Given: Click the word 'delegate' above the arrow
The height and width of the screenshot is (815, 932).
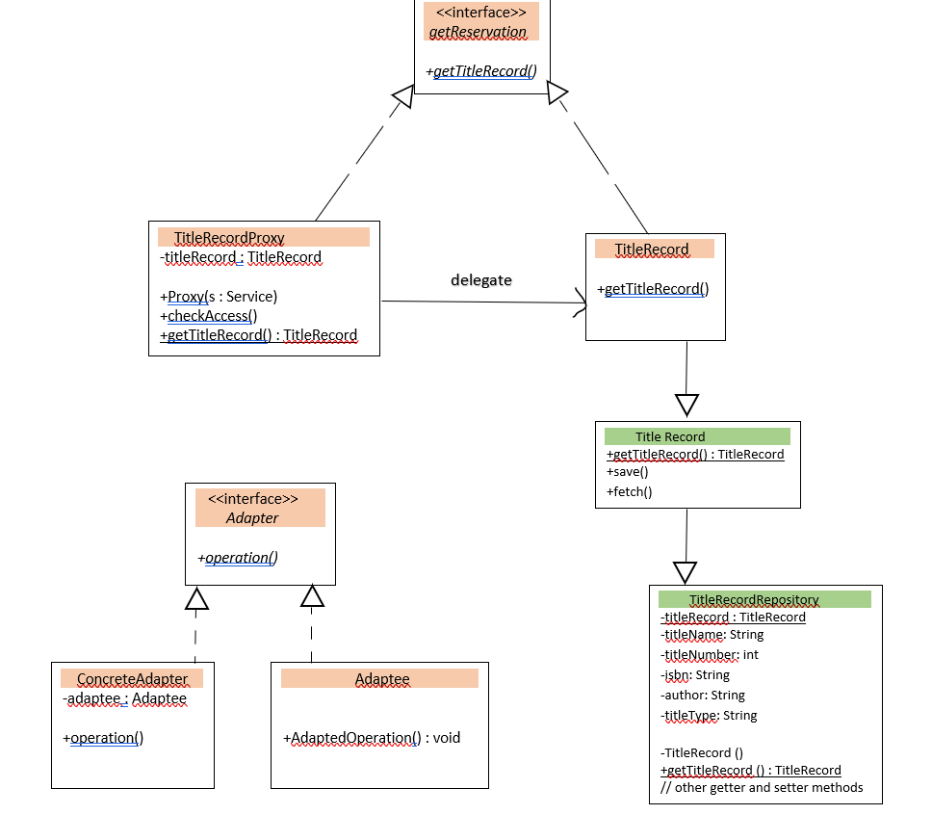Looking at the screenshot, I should click(x=480, y=280).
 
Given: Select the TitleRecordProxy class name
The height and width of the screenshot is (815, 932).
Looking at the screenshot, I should click(x=229, y=237).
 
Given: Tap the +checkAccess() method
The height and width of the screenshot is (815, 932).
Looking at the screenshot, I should click(x=209, y=316).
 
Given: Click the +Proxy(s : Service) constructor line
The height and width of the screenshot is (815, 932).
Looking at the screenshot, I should click(x=219, y=297).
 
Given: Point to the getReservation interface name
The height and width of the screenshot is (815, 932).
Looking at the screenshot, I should click(x=478, y=32).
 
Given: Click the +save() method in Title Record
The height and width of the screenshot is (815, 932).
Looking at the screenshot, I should click(x=628, y=472).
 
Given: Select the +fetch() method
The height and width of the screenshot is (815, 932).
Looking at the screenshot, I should click(x=630, y=491).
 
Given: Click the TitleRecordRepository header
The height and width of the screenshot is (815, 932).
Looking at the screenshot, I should click(x=754, y=599).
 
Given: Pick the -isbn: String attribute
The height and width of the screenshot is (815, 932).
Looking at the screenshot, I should click(x=695, y=675).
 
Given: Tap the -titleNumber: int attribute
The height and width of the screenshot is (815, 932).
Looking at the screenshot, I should click(x=710, y=655).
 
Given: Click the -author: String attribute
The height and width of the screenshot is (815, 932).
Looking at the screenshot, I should click(x=703, y=696).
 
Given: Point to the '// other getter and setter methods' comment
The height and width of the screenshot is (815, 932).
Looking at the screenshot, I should click(x=762, y=788).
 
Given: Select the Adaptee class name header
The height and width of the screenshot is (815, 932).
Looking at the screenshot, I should click(x=382, y=679).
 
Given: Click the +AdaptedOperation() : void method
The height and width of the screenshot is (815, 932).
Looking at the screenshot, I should click(x=372, y=739).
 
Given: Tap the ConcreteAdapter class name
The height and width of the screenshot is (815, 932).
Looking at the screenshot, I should click(x=133, y=679).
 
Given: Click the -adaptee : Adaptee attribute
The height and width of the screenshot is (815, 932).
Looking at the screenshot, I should click(x=125, y=698).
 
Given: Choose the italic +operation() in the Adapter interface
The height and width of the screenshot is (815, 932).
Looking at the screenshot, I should click(x=238, y=557).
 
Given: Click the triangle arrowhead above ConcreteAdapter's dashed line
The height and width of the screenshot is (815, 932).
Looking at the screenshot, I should click(x=196, y=599).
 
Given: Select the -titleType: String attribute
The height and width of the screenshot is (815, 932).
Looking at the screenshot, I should click(x=709, y=716).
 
